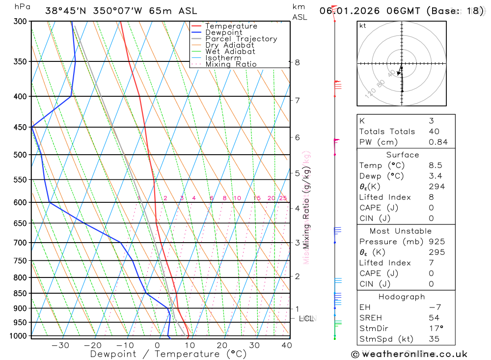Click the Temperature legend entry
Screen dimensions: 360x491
(231, 26)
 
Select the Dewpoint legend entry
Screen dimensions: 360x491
(223, 32)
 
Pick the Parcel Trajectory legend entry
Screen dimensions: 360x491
(241, 39)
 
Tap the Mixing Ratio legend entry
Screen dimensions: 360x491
(231, 64)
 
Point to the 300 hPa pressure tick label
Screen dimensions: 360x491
(20, 22)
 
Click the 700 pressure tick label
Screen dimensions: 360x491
(20, 243)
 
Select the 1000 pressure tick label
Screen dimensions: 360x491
(18, 336)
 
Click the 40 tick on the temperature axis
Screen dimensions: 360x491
(287, 345)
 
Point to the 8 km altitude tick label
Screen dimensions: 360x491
(297, 62)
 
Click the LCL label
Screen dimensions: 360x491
(306, 319)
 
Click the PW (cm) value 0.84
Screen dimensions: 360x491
(438, 142)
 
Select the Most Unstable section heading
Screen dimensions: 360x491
(400, 231)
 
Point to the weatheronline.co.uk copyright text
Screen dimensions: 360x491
(409, 354)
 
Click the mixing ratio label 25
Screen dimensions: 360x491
(283, 198)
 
